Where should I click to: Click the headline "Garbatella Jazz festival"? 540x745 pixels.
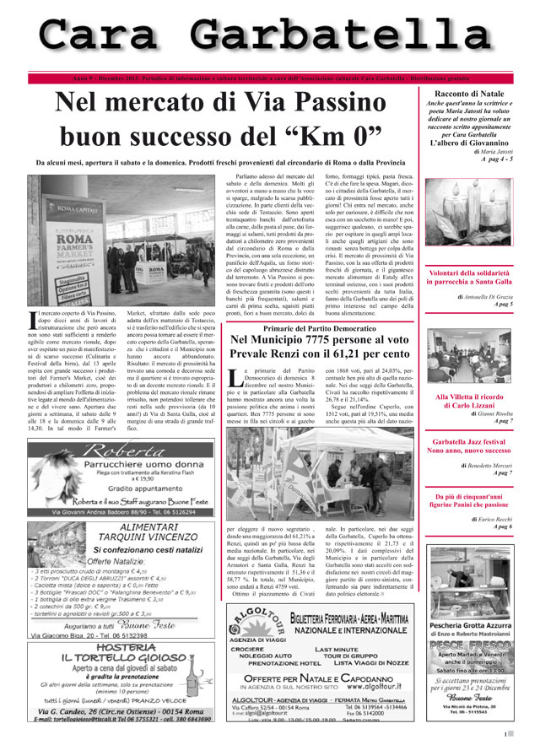[x=468, y=441]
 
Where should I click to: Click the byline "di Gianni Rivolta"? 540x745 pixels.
[x=492, y=413]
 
